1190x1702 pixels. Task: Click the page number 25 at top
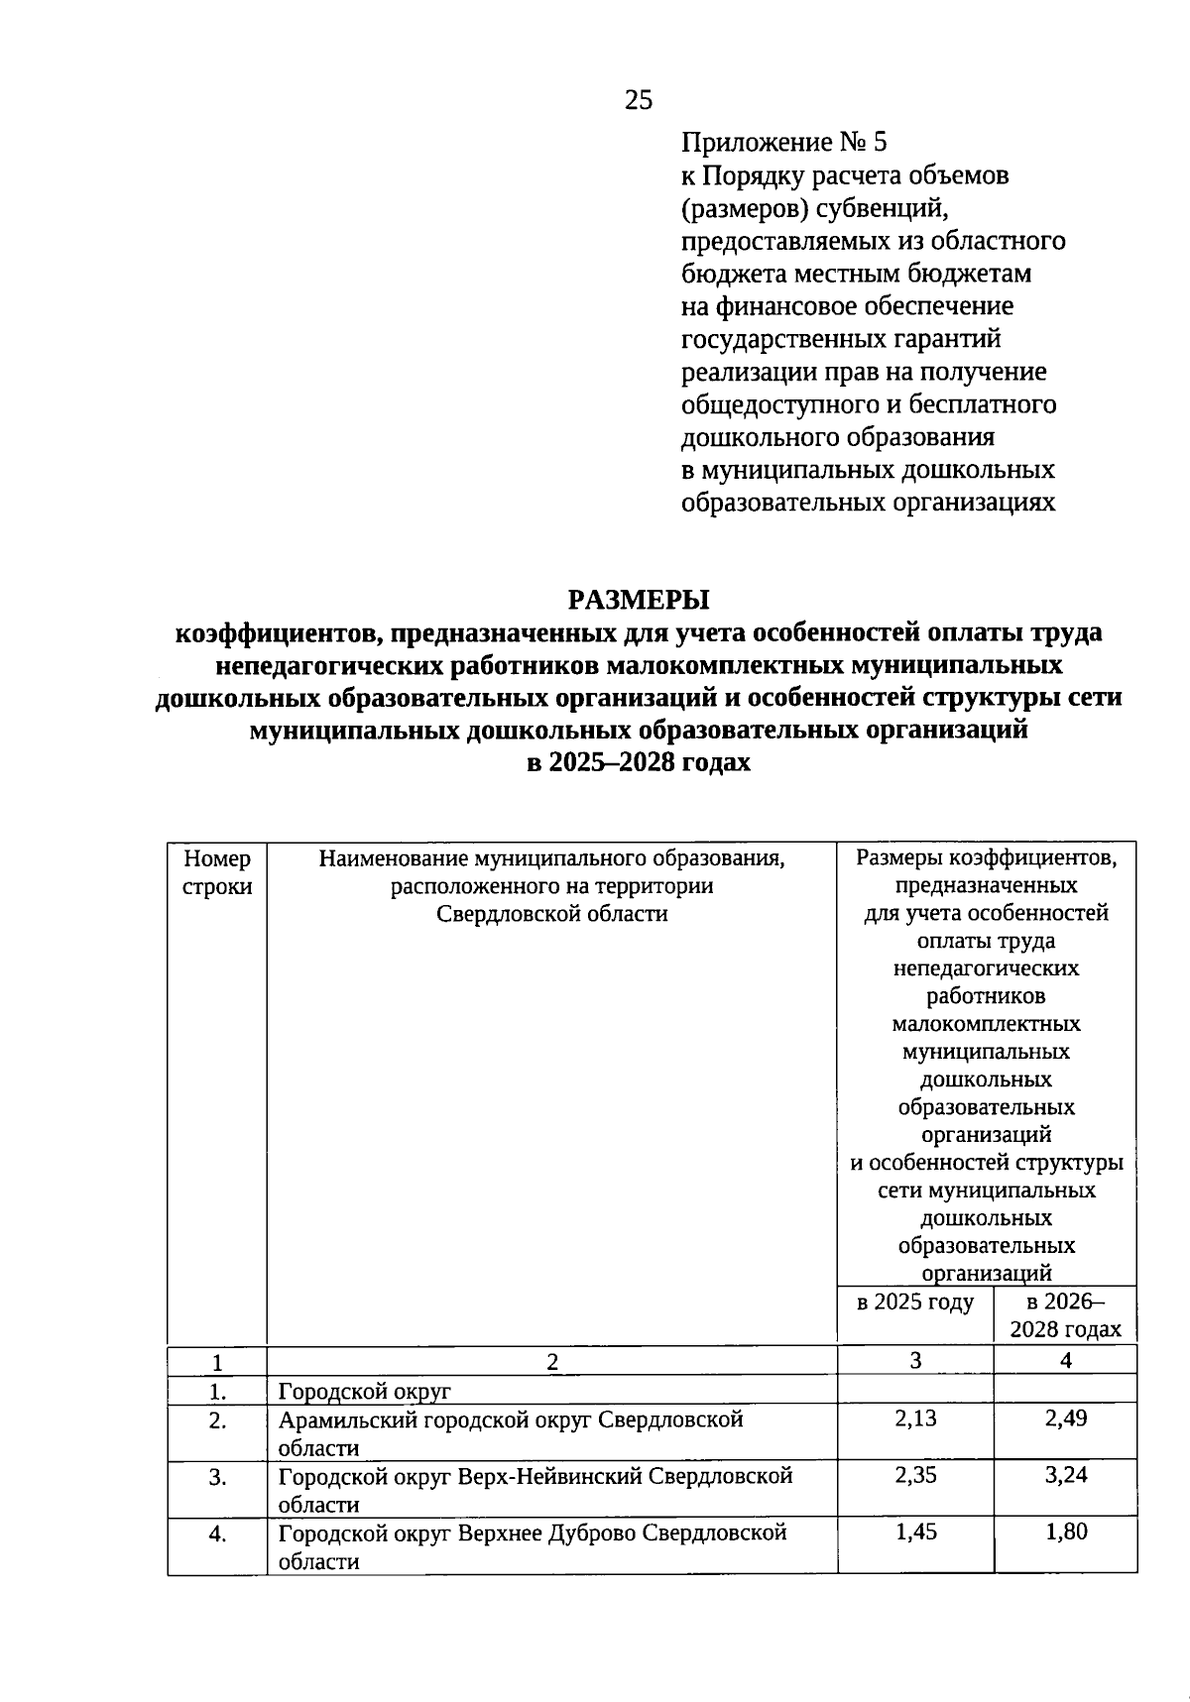(639, 99)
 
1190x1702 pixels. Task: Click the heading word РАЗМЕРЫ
(639, 600)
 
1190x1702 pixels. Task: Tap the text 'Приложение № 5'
(783, 143)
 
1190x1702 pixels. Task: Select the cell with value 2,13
(914, 1418)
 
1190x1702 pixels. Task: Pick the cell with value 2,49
(1065, 1418)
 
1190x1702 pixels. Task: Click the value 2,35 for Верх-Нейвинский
(914, 1475)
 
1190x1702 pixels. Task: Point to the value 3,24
(1065, 1475)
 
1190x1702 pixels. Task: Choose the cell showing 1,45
(914, 1532)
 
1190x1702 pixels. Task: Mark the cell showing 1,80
(1065, 1532)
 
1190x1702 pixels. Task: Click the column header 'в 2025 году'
(914, 1302)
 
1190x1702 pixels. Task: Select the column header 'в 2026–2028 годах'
(1065, 1315)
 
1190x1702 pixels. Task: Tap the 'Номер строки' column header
(217, 872)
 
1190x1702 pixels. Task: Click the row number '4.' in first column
(217, 1534)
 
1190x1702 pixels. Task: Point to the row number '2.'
(217, 1421)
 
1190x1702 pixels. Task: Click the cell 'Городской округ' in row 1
(364, 1391)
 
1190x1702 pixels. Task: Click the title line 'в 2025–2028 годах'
(639, 762)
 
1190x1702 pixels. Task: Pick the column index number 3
(914, 1360)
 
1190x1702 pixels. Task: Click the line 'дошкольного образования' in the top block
(838, 437)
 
